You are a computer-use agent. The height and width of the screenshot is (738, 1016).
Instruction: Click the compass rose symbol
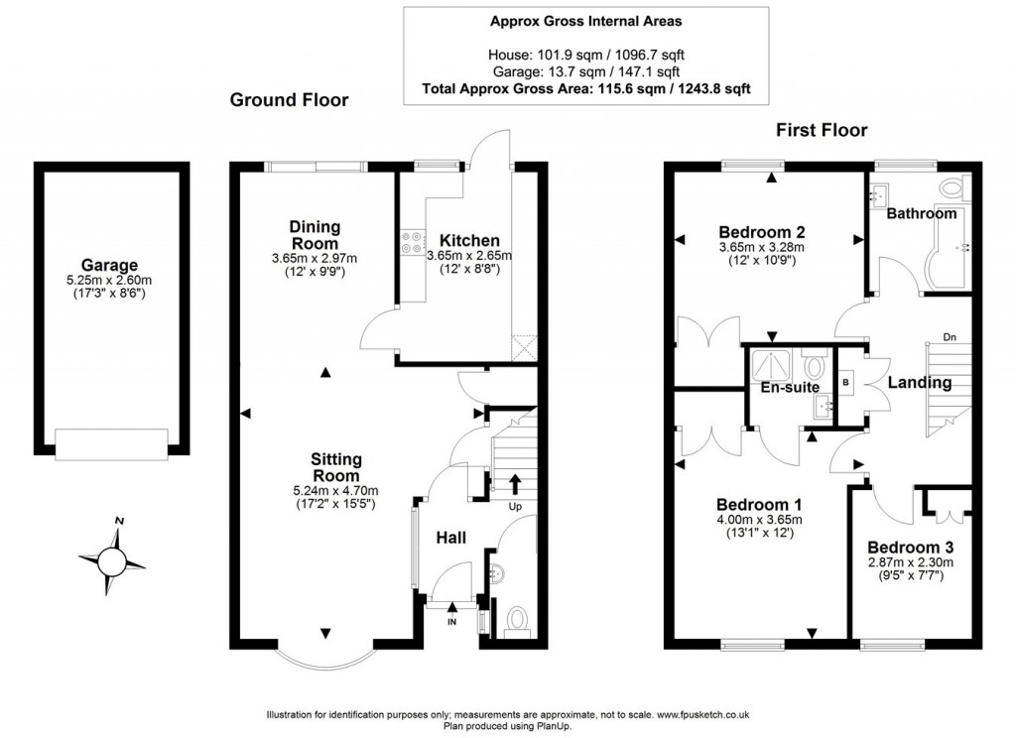[111, 559]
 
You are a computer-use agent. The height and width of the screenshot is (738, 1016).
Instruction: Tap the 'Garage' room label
[109, 265]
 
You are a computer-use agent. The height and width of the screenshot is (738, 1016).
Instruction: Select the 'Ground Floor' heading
[290, 100]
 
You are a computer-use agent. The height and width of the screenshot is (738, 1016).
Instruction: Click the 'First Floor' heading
[822, 130]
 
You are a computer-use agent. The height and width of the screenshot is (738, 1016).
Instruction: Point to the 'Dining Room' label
[314, 235]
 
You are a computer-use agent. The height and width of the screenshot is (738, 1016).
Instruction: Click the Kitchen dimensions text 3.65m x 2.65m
[469, 256]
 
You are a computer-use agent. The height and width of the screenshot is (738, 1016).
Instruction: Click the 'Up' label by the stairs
[515, 507]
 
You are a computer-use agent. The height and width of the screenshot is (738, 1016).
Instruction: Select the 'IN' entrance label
[452, 621]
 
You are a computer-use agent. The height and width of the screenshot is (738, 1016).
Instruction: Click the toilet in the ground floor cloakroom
[516, 621]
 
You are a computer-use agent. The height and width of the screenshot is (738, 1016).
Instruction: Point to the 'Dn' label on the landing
[949, 336]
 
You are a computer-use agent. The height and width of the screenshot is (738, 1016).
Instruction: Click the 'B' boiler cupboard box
[844, 381]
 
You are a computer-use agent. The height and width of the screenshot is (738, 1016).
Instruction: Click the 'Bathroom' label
[922, 213]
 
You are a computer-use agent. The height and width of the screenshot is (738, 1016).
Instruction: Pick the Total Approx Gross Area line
[585, 88]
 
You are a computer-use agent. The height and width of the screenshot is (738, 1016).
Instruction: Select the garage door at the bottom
[109, 443]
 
